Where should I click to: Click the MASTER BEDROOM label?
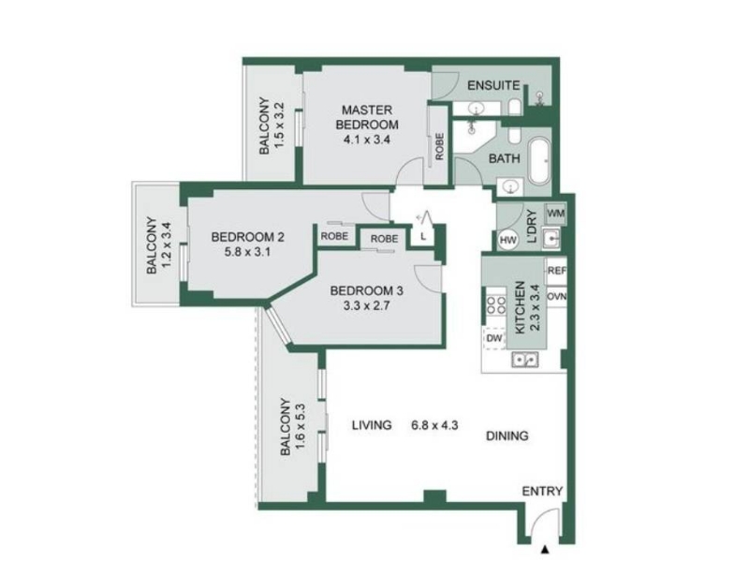(367, 117)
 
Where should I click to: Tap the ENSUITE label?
(493, 85)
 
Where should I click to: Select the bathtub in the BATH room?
(540, 161)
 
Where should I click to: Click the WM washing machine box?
(555, 214)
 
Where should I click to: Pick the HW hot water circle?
(507, 240)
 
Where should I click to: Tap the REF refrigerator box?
(556, 271)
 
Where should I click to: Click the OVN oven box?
(556, 296)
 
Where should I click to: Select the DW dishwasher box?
(494, 338)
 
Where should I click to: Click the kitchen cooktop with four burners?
(496, 305)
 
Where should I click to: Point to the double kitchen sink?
(525, 360)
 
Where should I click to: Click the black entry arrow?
(545, 549)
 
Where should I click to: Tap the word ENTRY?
(542, 491)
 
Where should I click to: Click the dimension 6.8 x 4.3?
(434, 425)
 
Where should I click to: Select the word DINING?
(507, 436)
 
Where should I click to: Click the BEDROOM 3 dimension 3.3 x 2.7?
(366, 305)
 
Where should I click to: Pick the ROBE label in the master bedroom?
(439, 146)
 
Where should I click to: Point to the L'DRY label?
(532, 227)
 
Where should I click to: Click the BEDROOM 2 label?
(248, 237)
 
